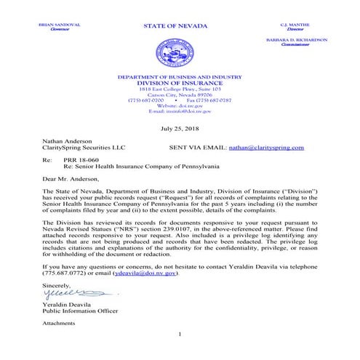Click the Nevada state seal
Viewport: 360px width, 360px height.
[179, 54]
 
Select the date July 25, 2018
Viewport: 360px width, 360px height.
[179, 128]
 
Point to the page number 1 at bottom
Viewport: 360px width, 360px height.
[179, 333]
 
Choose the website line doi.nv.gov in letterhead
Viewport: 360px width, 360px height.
[179, 105]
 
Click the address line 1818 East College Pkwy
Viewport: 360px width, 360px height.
[179, 87]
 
